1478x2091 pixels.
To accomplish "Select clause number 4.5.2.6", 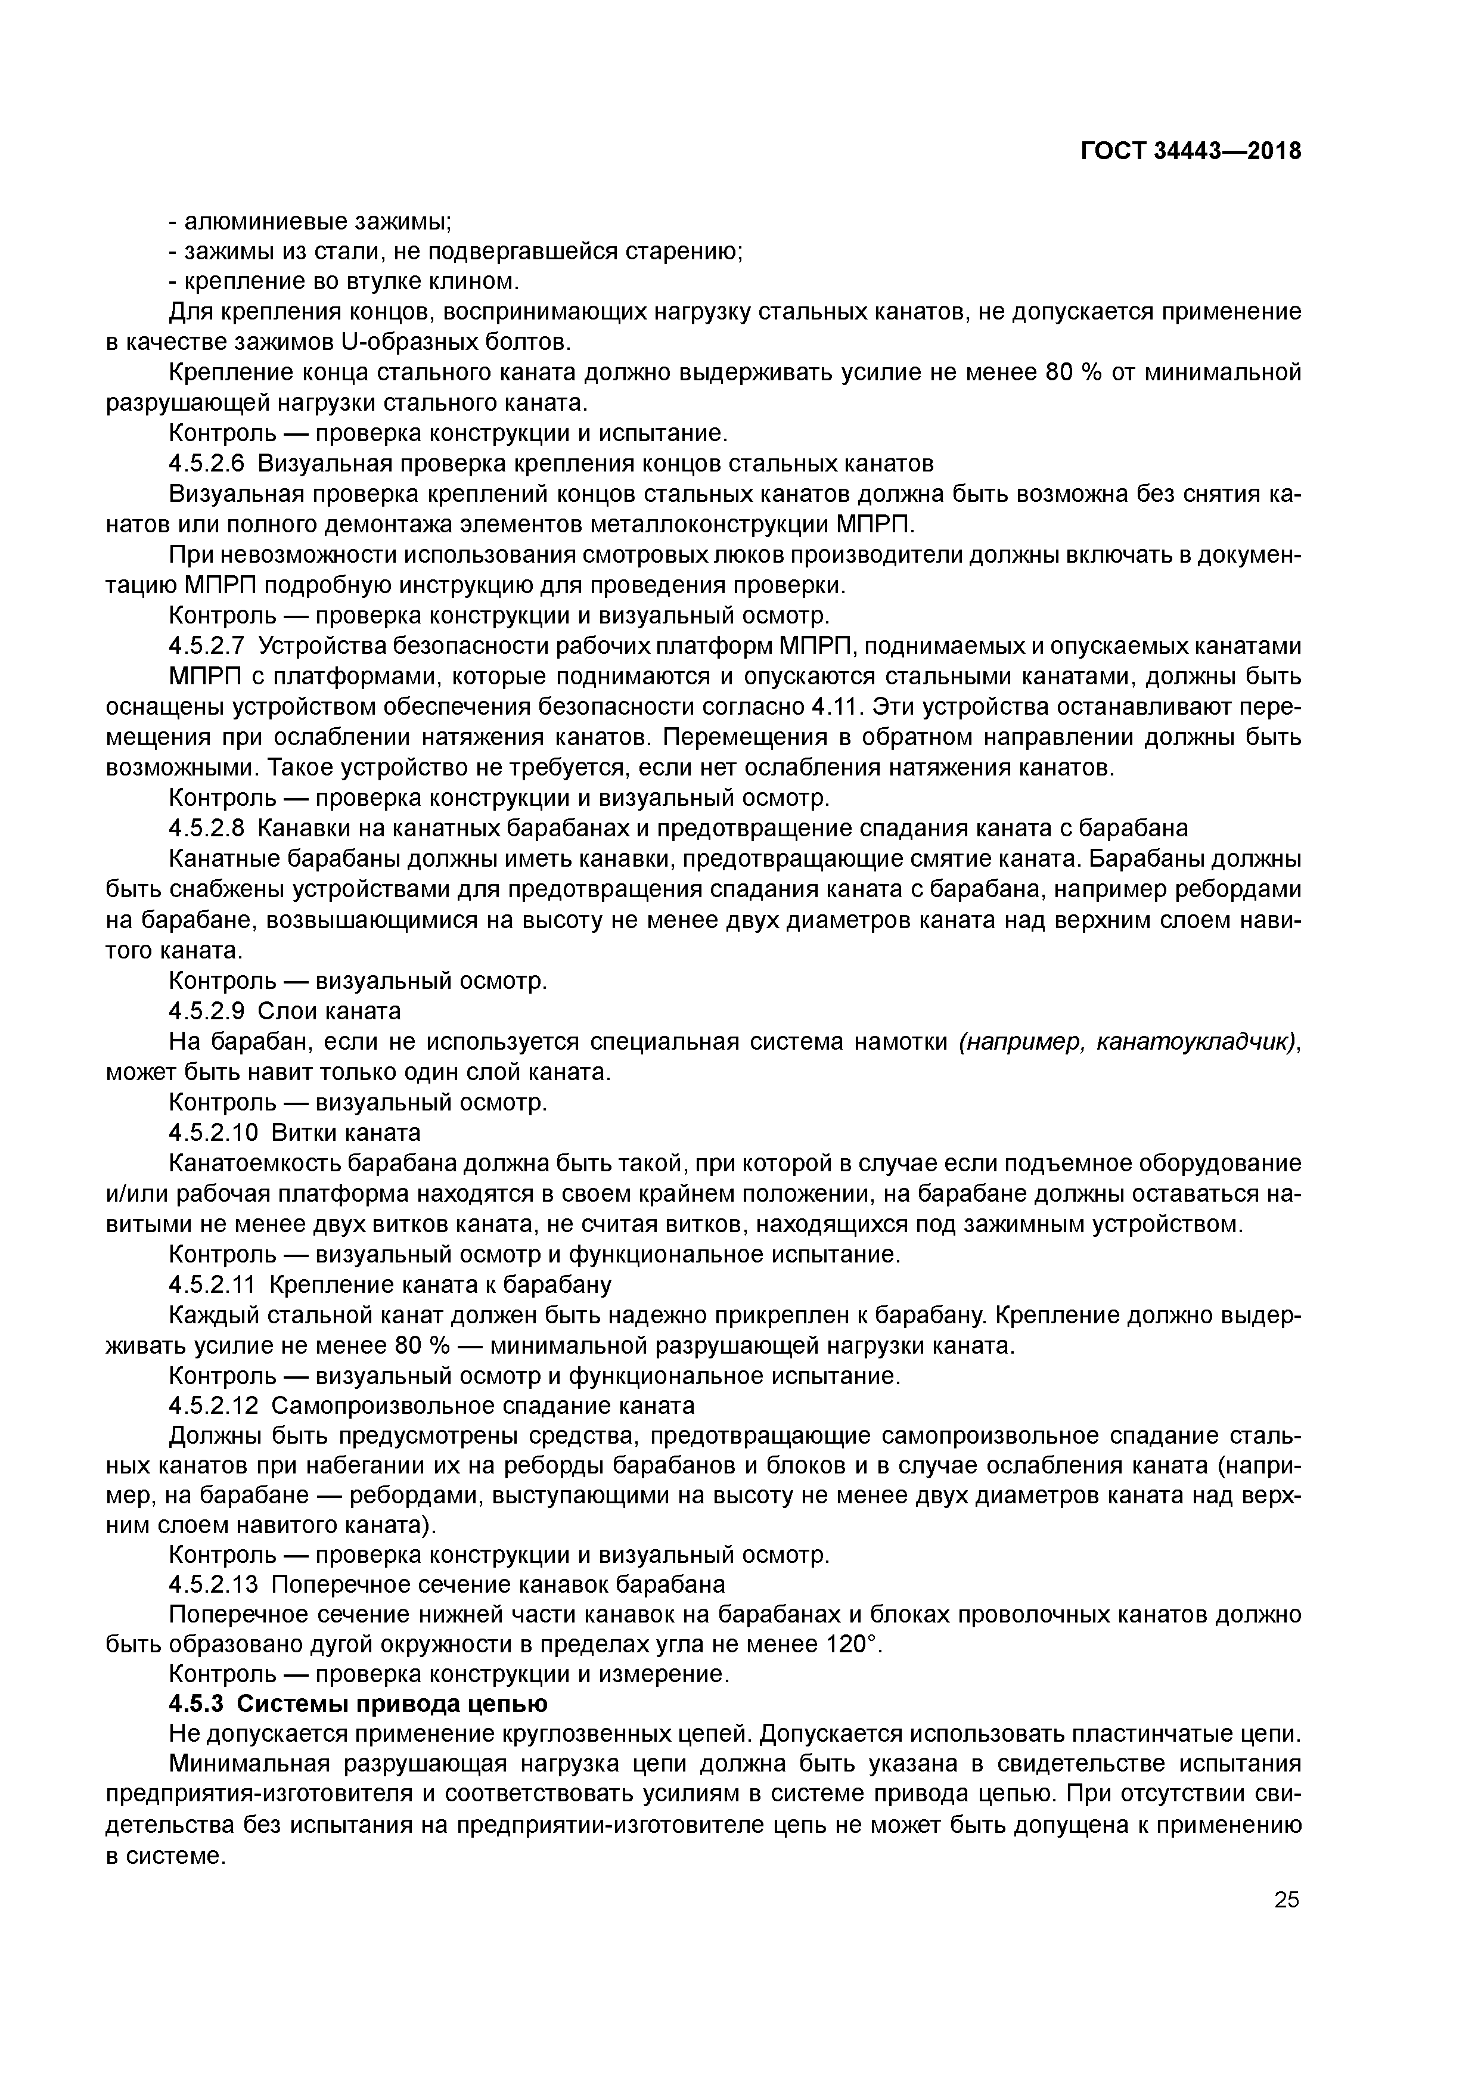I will click(x=207, y=464).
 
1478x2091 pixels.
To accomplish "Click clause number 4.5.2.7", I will click(x=207, y=647).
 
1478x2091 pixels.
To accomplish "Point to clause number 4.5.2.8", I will click(x=207, y=829).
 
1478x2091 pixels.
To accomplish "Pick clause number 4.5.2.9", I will click(x=207, y=1012).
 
